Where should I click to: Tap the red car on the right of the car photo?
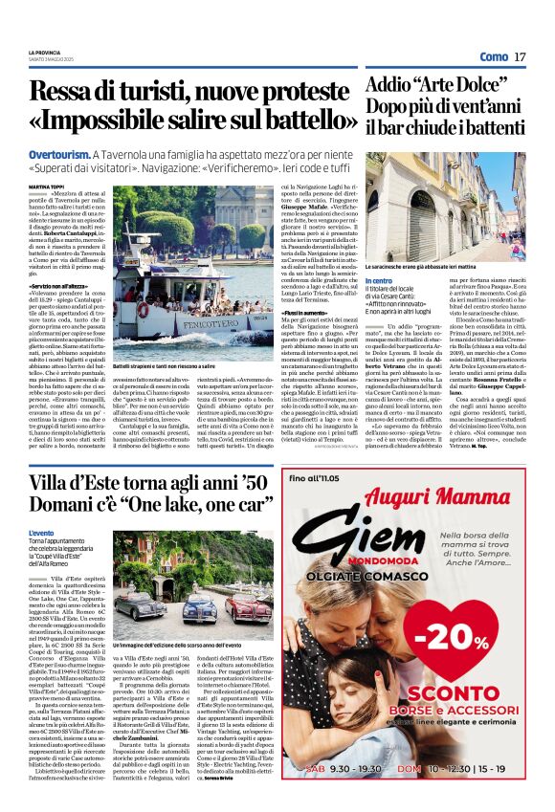tap(251, 604)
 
